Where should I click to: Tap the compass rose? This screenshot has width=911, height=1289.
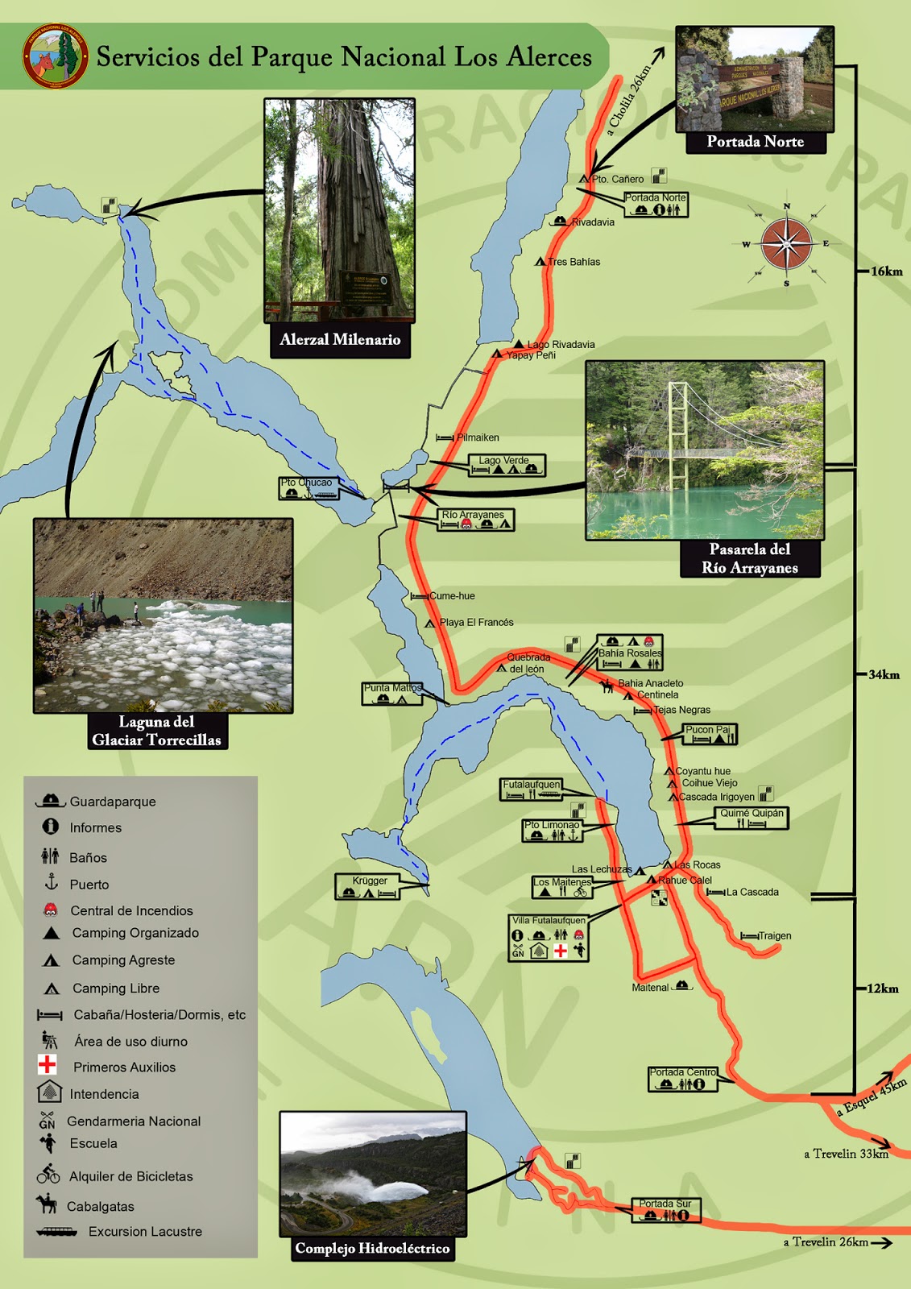coord(786,244)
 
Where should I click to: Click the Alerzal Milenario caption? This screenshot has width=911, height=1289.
coord(339,340)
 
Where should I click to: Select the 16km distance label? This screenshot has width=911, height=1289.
coord(886,271)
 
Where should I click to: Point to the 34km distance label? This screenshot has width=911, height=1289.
coord(884,675)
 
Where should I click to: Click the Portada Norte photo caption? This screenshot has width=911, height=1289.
coord(755,142)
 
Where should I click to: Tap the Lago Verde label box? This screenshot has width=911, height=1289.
coord(507,465)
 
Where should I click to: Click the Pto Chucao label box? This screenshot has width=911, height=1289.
coord(308,488)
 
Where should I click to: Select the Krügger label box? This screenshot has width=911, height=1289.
coord(369,886)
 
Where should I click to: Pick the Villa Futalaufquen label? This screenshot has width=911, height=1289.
coord(549,920)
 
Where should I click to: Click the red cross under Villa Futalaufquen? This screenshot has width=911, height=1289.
coord(561,951)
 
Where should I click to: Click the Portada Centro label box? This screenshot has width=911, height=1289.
coord(683,1078)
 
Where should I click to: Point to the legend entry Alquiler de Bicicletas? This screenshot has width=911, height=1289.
coord(130,1176)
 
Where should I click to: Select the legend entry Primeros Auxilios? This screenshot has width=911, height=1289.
coord(123,1067)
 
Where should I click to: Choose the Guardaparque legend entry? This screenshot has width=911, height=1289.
coord(112,802)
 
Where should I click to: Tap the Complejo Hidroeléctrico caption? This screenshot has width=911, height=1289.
coord(371,1249)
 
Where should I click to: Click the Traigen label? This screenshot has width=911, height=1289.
coord(774,936)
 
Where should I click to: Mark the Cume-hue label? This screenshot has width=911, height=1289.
coord(451,596)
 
